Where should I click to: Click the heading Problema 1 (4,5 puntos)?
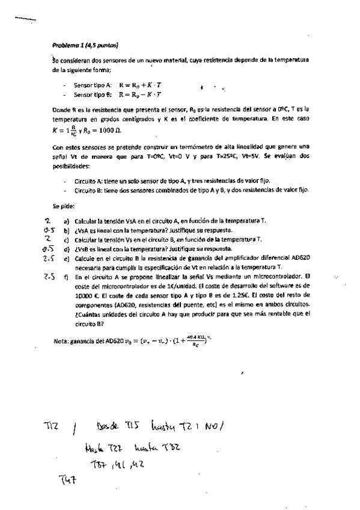coord(84,45)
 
